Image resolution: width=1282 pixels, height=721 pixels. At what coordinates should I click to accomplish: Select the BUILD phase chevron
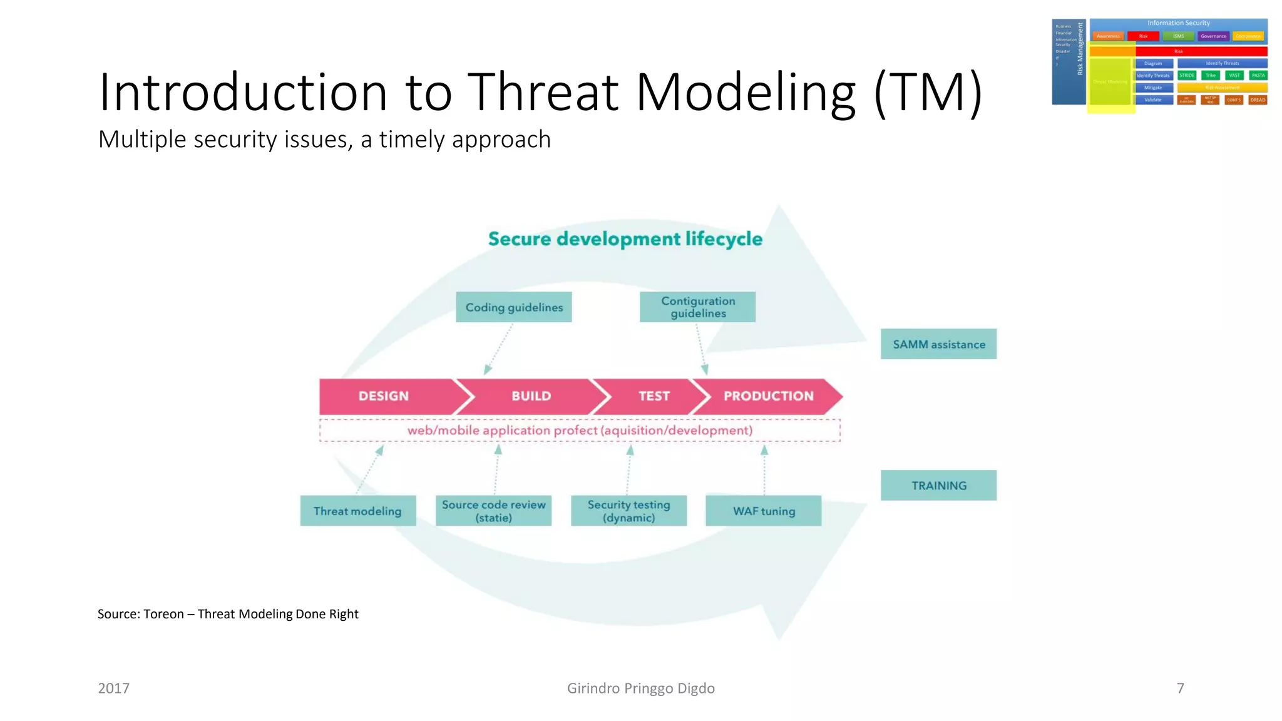pyautogui.click(x=531, y=396)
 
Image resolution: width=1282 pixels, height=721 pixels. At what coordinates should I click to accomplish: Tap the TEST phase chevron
pyautogui.click(x=653, y=396)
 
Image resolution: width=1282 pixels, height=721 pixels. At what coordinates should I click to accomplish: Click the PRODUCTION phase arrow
pyautogui.click(x=769, y=396)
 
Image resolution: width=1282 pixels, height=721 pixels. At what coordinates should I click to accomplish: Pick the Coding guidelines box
pyautogui.click(x=513, y=307)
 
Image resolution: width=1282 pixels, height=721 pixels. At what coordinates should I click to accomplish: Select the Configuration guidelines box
pyautogui.click(x=697, y=307)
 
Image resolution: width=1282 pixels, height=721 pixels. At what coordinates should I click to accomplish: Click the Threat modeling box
pyautogui.click(x=357, y=511)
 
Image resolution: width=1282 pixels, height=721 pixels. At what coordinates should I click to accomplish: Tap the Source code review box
pyautogui.click(x=493, y=511)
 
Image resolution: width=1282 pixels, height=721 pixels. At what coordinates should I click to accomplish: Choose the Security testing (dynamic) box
pyautogui.click(x=628, y=511)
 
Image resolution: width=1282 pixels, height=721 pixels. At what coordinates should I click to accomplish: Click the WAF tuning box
pyautogui.click(x=764, y=511)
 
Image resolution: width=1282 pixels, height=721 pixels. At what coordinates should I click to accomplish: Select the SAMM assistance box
pyautogui.click(x=938, y=344)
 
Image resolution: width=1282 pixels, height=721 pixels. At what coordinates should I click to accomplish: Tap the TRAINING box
pyautogui.click(x=938, y=486)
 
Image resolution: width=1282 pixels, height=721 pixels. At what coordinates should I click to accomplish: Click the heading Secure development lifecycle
pyautogui.click(x=625, y=239)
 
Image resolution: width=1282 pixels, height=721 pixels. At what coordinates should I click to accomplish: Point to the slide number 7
pyautogui.click(x=1180, y=688)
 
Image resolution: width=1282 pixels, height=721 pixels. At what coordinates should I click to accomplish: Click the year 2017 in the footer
pyautogui.click(x=113, y=688)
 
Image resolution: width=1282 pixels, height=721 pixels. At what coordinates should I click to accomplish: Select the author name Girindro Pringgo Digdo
pyautogui.click(x=640, y=688)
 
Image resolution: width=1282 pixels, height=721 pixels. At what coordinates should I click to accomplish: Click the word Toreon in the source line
pyautogui.click(x=163, y=614)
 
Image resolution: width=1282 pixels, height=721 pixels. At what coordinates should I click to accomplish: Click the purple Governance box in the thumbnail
pyautogui.click(x=1213, y=36)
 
